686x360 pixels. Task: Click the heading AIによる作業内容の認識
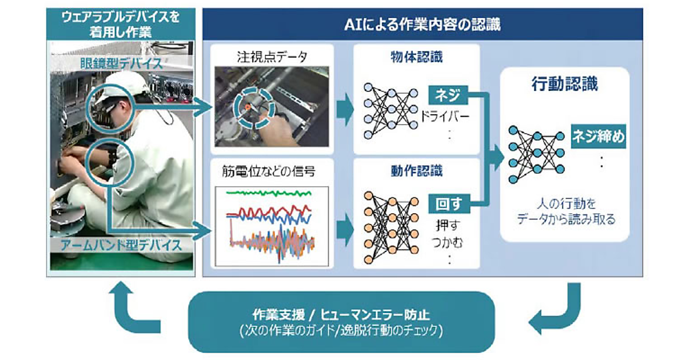click(422, 25)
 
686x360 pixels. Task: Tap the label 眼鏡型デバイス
click(121, 63)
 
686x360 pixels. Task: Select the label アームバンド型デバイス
click(121, 246)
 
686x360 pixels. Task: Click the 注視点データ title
click(272, 57)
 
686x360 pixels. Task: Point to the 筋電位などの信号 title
click(269, 171)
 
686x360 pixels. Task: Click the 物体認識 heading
click(417, 57)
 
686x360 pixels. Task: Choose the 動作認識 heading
click(417, 171)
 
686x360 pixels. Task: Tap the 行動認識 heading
click(565, 84)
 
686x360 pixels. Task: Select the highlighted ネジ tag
click(448, 95)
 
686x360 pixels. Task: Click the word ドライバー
click(445, 117)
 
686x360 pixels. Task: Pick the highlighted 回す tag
click(449, 204)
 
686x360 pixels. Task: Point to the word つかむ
click(448, 243)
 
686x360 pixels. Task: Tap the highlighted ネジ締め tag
click(599, 137)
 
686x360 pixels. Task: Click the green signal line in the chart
click(269, 193)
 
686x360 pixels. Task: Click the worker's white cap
click(129, 84)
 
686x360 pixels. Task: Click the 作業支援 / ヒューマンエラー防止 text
click(341, 315)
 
